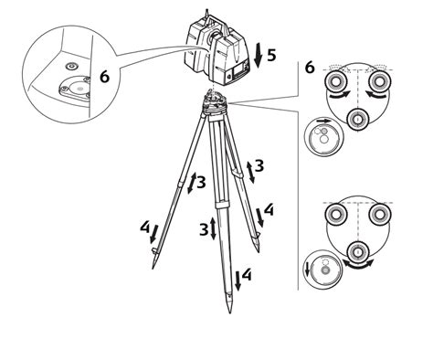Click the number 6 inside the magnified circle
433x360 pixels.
point(104,78)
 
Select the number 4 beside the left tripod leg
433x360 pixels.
point(145,227)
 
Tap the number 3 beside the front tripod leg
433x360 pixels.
point(205,228)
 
